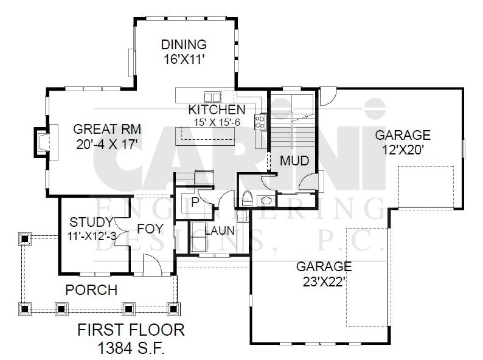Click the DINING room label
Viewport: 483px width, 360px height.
184,44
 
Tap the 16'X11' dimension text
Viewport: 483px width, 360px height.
184,59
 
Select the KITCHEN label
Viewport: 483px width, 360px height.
217,109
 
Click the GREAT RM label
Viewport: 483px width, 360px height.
107,129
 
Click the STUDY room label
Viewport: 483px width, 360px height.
91,222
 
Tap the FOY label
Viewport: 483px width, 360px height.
150,229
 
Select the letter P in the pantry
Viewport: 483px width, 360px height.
195,202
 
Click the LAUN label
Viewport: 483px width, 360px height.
220,230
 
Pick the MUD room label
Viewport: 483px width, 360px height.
294,161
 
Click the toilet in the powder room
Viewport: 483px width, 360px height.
247,198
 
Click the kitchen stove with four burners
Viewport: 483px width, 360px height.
260,122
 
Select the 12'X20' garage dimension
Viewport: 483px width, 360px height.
403,150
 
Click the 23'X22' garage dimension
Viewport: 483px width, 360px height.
323,282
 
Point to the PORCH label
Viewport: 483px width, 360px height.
91,290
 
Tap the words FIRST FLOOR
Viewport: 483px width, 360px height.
131,330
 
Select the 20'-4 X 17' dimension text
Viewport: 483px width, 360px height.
107,144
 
